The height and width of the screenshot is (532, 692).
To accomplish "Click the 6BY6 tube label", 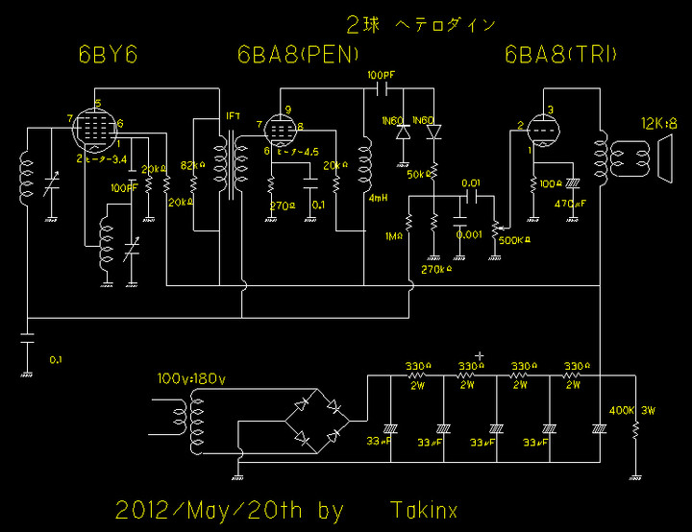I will click(x=108, y=56).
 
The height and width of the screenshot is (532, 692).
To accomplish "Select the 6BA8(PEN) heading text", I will click(x=298, y=56).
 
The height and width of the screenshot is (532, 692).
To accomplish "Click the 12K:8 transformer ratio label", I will click(x=659, y=123).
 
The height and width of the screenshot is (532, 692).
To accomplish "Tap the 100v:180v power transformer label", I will click(x=190, y=378).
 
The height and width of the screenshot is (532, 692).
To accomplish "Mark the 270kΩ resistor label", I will click(x=434, y=269).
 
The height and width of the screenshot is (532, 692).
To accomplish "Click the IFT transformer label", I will click(x=233, y=116).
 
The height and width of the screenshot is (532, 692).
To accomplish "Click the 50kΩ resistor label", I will click(x=417, y=174).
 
